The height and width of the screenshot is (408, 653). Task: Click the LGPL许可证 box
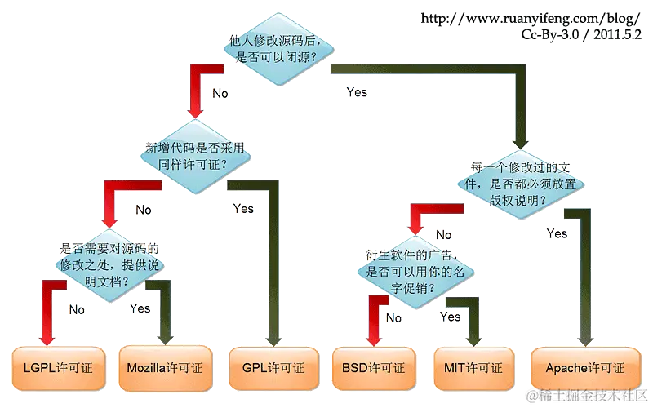[x=58, y=368]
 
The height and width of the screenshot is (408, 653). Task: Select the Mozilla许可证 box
[x=166, y=368]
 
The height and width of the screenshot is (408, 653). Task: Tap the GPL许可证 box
[x=273, y=368]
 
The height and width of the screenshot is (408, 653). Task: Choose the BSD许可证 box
[x=374, y=368]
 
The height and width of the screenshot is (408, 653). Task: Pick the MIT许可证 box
[x=473, y=368]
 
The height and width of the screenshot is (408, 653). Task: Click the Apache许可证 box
[x=585, y=368]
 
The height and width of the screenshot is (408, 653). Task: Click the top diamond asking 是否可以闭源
[x=278, y=49]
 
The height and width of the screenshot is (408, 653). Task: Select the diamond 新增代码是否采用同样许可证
[x=195, y=157]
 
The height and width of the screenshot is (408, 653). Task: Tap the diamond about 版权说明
[x=521, y=184]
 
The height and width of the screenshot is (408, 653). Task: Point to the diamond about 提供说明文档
[x=109, y=265]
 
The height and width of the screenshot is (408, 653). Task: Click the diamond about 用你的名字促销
[x=415, y=273]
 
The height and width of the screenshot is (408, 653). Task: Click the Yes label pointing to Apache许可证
[x=557, y=233]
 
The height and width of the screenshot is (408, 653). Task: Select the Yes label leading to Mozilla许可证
[x=140, y=308]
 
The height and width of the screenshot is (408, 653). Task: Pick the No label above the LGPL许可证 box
[x=77, y=310]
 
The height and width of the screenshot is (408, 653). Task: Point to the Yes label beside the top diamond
[x=357, y=92]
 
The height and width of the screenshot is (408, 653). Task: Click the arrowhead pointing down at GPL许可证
[x=273, y=340]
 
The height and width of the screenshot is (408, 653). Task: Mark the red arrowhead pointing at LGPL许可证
[x=47, y=339]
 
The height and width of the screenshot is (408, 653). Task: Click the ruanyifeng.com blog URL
[x=530, y=18]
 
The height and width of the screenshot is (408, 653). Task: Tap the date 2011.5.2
[x=618, y=34]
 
